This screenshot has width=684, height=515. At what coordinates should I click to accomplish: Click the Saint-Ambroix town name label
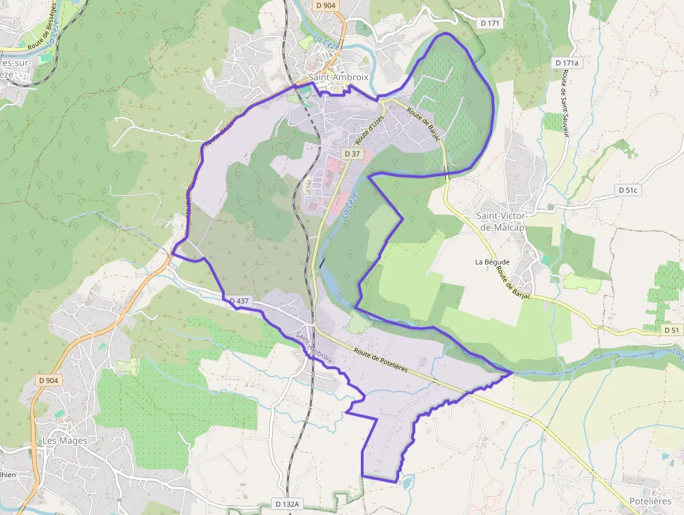pyautogui.click(x=334, y=78)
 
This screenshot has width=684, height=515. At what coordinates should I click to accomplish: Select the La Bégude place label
pyautogui.click(x=492, y=262)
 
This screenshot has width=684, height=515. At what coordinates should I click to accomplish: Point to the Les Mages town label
pyautogui.click(x=65, y=441)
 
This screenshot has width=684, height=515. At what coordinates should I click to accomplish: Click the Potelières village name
pyautogui.click(x=650, y=501)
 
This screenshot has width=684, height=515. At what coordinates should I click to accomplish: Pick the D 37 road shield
pyautogui.click(x=352, y=154)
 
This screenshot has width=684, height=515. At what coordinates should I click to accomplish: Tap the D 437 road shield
pyautogui.click(x=238, y=301)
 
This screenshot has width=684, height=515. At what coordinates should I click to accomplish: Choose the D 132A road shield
pyautogui.click(x=287, y=504)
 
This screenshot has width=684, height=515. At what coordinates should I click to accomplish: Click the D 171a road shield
pyautogui.click(x=567, y=63)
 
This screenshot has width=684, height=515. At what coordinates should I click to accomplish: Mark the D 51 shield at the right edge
pyautogui.click(x=671, y=330)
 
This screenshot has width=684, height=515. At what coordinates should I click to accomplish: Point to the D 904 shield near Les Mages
pyautogui.click(x=49, y=380)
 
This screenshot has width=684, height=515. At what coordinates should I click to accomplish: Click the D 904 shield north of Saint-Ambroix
pyautogui.click(x=325, y=6)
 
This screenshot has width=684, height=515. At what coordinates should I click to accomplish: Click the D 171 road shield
pyautogui.click(x=491, y=24)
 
